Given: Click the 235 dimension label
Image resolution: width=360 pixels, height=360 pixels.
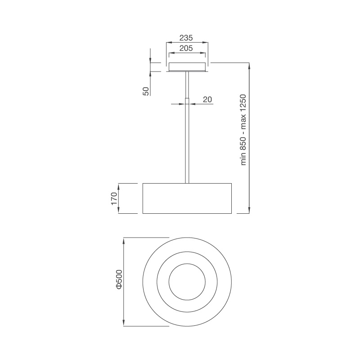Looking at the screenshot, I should [x=187, y=38].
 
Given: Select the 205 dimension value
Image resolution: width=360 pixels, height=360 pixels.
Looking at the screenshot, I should [x=187, y=48].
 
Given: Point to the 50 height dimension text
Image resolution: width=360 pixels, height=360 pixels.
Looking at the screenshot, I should [x=146, y=91].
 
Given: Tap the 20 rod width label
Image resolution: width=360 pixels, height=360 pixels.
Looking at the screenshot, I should [x=207, y=99].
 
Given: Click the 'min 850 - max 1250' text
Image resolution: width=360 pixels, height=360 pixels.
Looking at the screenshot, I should [x=243, y=130].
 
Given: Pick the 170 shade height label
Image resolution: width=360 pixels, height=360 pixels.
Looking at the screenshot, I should [x=114, y=198].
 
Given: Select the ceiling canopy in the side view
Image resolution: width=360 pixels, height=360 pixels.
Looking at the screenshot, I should [x=187, y=67].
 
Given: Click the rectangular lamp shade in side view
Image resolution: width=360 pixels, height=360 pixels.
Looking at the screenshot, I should [x=187, y=198].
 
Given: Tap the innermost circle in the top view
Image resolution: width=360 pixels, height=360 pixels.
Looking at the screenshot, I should [x=187, y=282].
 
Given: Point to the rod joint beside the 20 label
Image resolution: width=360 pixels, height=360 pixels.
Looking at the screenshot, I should [x=187, y=101].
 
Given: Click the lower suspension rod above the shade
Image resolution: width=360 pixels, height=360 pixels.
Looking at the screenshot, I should [x=187, y=144].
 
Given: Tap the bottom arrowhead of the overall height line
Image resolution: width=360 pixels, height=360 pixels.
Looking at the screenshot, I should [x=249, y=211].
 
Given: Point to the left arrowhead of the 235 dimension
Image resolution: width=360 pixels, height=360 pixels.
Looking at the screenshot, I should [x=168, y=43].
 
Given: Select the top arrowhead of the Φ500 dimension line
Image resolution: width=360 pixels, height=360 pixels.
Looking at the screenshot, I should [x=125, y=240].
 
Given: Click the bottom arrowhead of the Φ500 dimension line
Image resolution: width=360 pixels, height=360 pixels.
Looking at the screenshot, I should [x=125, y=324].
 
